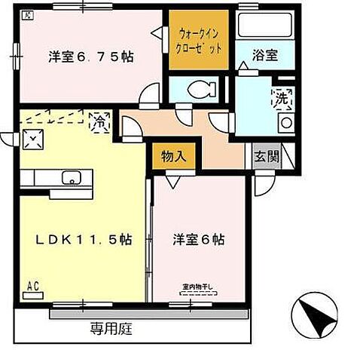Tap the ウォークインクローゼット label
pos(201,39)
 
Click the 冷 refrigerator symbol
pos(98,119)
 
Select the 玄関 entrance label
pos(265,157)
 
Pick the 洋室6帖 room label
pos(198,241)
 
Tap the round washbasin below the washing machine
pos(285,123)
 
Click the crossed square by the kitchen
pos(33,137)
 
